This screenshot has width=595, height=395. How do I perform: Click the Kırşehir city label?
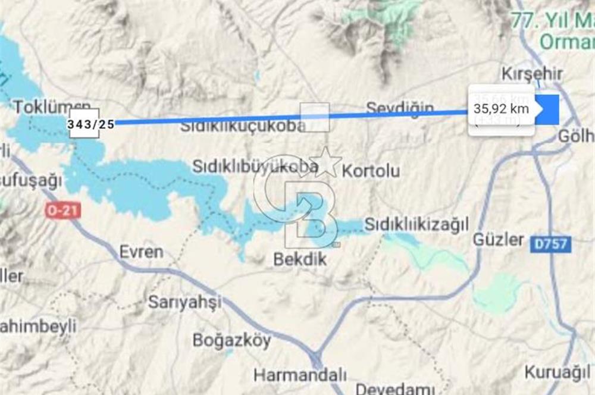[x=531, y=74]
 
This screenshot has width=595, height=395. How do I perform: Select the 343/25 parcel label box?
[x=91, y=124]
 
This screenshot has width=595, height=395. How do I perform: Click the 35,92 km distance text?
[x=501, y=109]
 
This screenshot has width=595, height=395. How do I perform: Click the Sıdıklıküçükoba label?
[x=243, y=126]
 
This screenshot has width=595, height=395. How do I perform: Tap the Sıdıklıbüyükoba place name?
[x=255, y=167]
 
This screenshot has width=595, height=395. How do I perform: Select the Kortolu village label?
[x=371, y=171]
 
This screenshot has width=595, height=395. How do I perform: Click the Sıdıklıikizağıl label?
[x=416, y=224]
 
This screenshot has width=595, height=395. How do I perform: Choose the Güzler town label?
[x=499, y=240]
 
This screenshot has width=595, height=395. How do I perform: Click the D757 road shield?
[x=552, y=243]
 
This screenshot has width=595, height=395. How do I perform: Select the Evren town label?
[x=141, y=251]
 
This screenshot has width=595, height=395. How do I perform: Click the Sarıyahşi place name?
[x=184, y=302]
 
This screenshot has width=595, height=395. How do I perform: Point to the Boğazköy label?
[x=231, y=340]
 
